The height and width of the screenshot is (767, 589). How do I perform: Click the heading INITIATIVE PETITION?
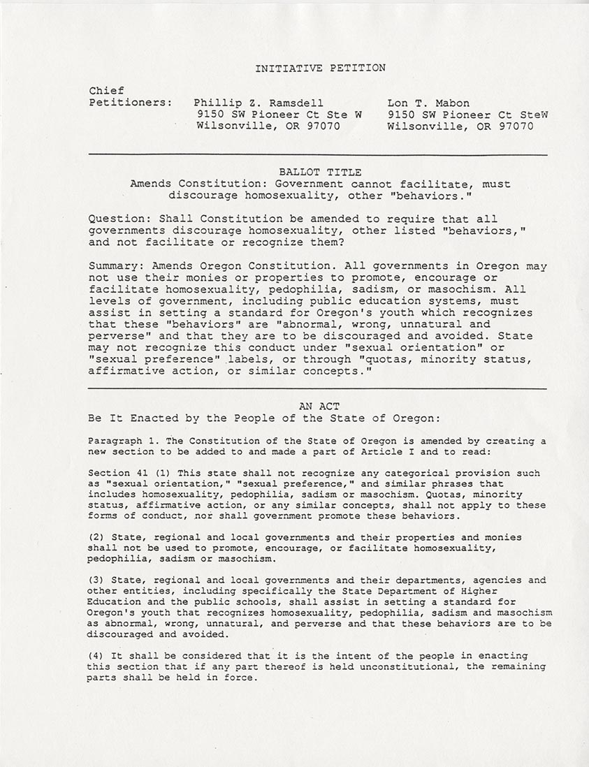point(320,68)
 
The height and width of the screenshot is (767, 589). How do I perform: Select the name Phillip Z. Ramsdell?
point(259,102)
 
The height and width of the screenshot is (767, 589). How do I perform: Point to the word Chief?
point(106,90)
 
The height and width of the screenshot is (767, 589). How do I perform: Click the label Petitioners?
point(131,102)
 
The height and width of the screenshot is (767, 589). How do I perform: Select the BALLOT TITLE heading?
point(320,172)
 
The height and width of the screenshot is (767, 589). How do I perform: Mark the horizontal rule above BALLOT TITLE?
point(317,154)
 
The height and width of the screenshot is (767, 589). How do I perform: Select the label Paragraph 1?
point(117,441)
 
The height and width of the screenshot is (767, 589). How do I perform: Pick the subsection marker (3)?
point(96,580)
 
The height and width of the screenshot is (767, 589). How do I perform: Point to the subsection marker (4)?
point(96,655)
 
